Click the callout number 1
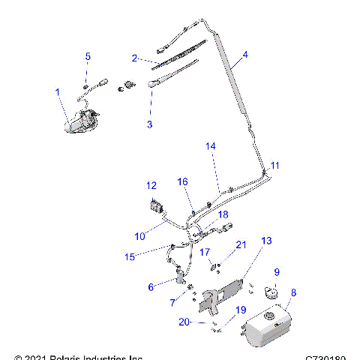[x=57, y=91]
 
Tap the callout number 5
[x=88, y=56]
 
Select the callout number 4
[x=244, y=55]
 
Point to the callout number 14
[x=211, y=146]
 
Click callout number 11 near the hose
[x=274, y=165]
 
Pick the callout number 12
[x=151, y=185]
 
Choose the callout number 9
[x=276, y=271]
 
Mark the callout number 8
[x=294, y=293]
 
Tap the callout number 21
[x=241, y=244]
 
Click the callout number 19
[x=241, y=309]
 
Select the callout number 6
[x=151, y=286]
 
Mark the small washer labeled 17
[x=214, y=264]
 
